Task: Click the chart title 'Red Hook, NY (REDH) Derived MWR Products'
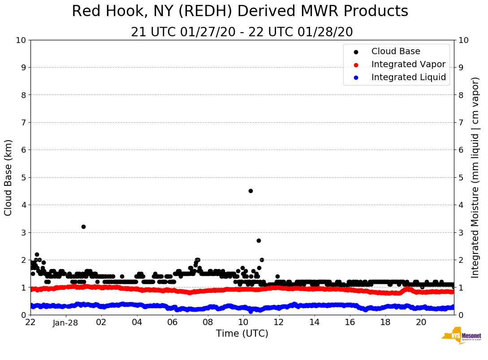click(240, 11)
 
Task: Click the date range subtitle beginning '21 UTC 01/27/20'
click(242, 32)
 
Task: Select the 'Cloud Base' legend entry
click(396, 51)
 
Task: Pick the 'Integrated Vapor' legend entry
click(408, 64)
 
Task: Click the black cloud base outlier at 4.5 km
click(250, 191)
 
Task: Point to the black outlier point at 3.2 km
click(83, 227)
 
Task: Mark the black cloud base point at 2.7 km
click(259, 240)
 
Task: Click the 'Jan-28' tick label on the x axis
click(66, 322)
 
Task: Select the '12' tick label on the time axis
click(279, 322)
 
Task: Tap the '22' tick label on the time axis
click(30, 322)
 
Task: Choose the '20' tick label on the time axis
click(421, 322)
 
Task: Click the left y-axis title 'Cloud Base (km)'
click(9, 177)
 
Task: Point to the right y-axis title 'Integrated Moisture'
click(475, 177)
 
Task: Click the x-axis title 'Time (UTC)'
click(242, 334)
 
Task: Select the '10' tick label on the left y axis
click(21, 40)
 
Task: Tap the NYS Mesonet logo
click(462, 336)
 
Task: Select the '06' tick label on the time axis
click(172, 322)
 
